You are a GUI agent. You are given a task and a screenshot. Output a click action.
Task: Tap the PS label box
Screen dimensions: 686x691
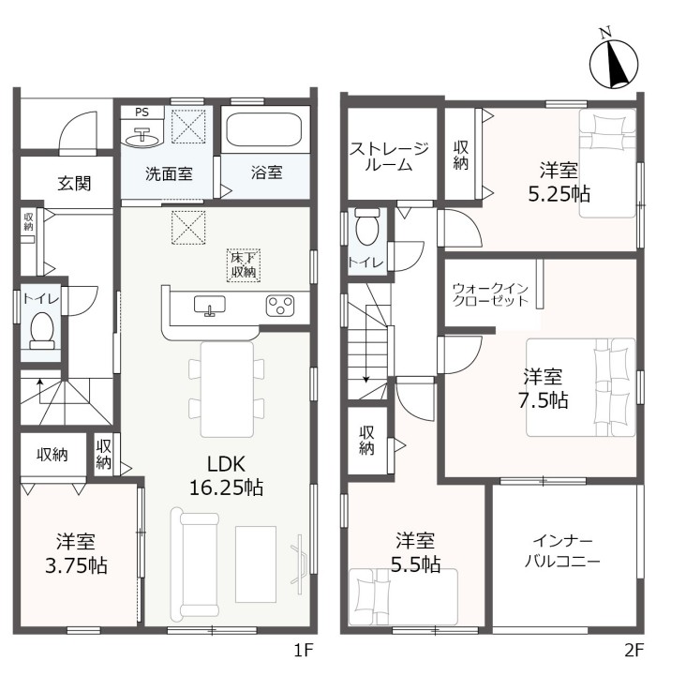(142, 112)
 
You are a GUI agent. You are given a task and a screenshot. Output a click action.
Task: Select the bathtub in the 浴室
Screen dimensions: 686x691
(264, 129)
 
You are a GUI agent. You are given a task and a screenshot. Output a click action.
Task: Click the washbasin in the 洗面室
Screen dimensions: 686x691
(142, 138)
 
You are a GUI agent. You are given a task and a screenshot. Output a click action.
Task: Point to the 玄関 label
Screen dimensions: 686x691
(74, 184)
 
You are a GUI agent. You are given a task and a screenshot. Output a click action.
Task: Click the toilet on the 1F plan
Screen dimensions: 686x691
(42, 331)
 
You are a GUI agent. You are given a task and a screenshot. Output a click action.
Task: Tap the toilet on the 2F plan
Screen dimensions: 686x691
(367, 226)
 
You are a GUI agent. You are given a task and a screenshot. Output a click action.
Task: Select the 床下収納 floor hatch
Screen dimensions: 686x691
(244, 265)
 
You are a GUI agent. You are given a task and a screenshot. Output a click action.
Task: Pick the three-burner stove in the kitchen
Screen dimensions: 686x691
(280, 306)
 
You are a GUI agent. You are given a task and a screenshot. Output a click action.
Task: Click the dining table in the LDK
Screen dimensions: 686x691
(227, 389)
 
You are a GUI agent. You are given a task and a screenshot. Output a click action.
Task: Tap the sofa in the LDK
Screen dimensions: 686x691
(194, 564)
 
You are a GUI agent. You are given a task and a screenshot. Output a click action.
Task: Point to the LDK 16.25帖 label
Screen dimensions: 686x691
(227, 476)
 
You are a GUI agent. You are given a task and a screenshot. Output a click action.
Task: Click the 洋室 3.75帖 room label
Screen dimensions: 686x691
(76, 554)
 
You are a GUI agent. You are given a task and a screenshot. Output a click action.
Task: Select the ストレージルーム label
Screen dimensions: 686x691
(389, 157)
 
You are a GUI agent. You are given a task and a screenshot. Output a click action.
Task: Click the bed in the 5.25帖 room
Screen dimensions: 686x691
(607, 163)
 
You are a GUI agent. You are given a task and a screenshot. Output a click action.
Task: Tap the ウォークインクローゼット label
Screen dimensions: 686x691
(490, 294)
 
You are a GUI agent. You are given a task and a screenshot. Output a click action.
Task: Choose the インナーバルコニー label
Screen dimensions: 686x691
(562, 551)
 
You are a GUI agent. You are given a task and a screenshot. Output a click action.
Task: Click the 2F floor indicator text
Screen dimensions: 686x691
(634, 650)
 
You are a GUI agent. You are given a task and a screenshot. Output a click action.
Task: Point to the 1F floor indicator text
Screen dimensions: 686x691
(304, 650)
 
